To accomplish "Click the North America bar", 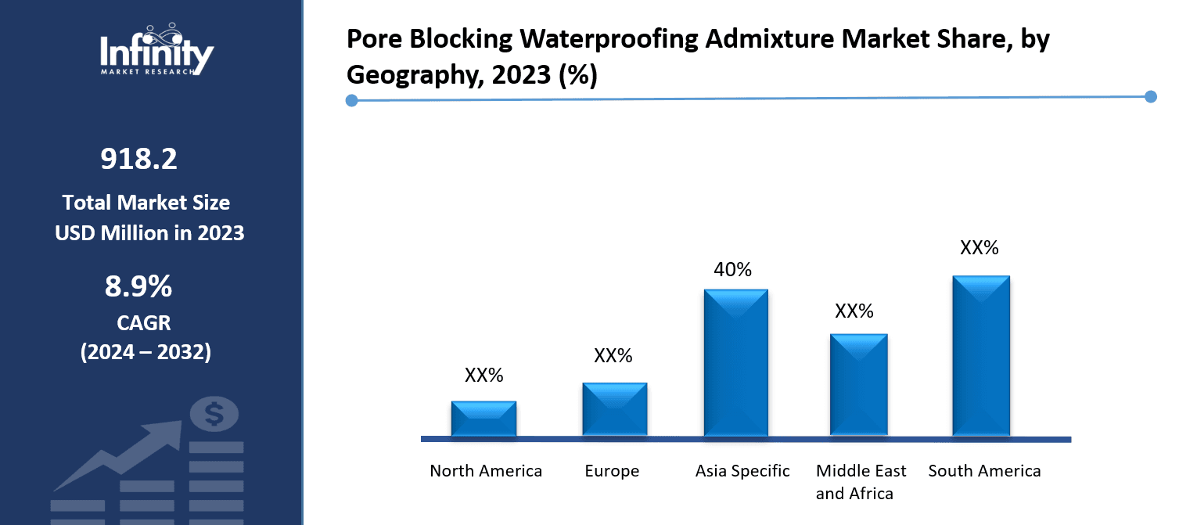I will [x=483, y=419].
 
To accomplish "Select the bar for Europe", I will [x=614, y=409].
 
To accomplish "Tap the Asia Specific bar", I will [x=735, y=363].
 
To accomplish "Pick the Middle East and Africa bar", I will [x=858, y=385].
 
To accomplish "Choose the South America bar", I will [x=980, y=356].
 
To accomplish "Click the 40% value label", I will [x=732, y=270].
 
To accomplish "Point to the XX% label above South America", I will [x=980, y=248].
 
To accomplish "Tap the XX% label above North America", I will [x=483, y=376].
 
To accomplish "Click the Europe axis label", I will [x=612, y=471].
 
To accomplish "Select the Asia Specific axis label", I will [x=742, y=471].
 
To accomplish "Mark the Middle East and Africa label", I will [x=861, y=482].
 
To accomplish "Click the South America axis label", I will [x=984, y=471].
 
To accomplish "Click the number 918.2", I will [x=138, y=160].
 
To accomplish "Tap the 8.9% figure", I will [x=138, y=287].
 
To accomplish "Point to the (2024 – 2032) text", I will [x=146, y=352].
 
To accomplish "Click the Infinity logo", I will [x=156, y=50].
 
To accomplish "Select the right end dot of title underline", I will [x=1150, y=96].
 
